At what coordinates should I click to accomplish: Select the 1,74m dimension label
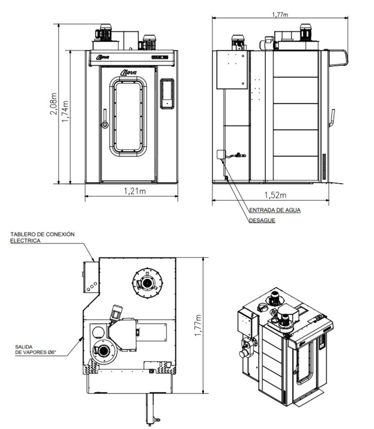66,112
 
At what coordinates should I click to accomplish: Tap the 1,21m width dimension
135,191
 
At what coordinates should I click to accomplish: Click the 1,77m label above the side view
280,15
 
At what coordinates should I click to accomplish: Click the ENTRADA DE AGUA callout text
275,210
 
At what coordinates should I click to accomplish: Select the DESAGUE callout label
262,220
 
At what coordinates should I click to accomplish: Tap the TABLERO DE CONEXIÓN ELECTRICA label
42,238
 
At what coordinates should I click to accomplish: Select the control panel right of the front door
167,94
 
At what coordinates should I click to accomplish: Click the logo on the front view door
128,72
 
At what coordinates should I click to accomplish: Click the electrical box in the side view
232,70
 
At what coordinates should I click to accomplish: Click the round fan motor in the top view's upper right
148,282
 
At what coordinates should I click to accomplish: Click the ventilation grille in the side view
324,166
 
